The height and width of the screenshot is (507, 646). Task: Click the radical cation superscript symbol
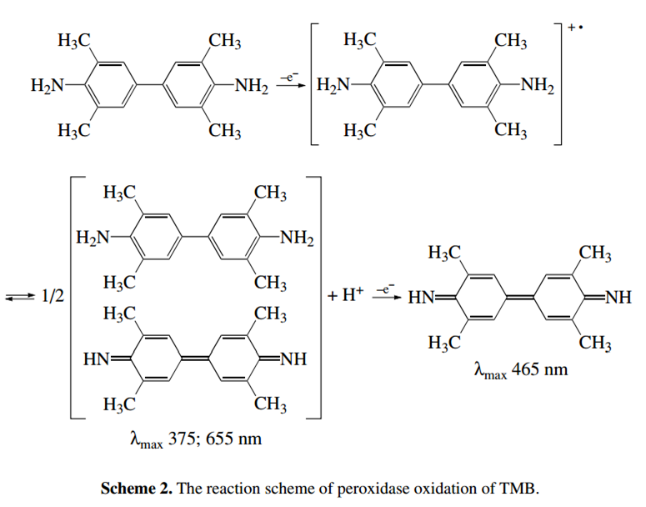point(575,28)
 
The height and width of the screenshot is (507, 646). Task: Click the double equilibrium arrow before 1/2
point(20,296)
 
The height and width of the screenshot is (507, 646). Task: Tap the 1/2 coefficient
point(53,296)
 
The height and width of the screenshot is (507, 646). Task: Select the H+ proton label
point(353,294)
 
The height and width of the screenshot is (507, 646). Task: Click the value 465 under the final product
point(525,369)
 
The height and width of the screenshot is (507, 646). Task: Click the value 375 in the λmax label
point(182,438)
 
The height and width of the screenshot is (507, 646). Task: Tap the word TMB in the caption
point(518,489)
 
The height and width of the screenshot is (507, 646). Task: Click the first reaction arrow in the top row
point(290,85)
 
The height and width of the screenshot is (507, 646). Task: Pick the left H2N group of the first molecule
point(48,86)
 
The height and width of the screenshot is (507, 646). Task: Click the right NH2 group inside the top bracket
point(538,85)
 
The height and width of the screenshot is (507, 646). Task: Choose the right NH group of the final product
point(618,297)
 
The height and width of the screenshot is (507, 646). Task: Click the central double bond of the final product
point(520,297)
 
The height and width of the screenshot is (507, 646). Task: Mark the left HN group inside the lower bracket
point(97,359)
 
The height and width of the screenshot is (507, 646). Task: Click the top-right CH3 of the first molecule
point(224,41)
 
